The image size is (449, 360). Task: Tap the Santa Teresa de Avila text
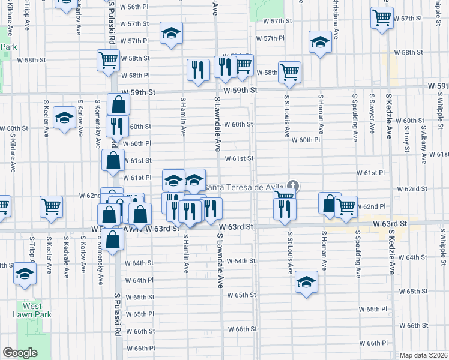244,187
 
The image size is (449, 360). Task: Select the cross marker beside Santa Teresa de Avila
293,186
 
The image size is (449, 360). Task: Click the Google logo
20,353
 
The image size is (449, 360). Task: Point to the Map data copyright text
424,355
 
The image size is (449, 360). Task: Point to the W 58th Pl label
135,75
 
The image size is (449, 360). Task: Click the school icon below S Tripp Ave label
25,273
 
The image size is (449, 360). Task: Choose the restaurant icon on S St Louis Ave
284,207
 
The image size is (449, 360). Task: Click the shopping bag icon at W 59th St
118,103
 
